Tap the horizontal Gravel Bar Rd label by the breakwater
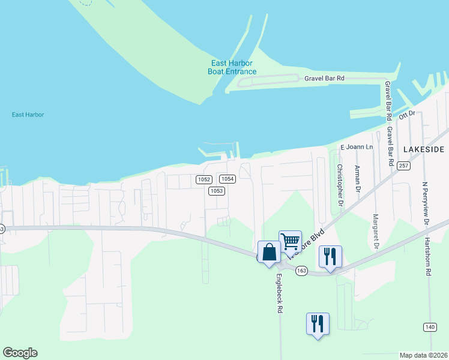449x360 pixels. click(x=324, y=78)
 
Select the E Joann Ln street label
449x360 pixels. click(x=357, y=147)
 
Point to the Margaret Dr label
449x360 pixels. click(x=376, y=232)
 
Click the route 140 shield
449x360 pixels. click(x=429, y=326)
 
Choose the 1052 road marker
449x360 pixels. click(x=203, y=179)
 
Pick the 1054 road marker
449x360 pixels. click(x=226, y=179)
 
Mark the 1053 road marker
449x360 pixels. click(x=216, y=191)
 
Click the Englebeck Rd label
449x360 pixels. click(x=279, y=293)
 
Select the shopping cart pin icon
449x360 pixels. click(x=291, y=242)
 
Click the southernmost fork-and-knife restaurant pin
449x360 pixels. click(x=318, y=323)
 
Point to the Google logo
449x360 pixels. click(x=20, y=353)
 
